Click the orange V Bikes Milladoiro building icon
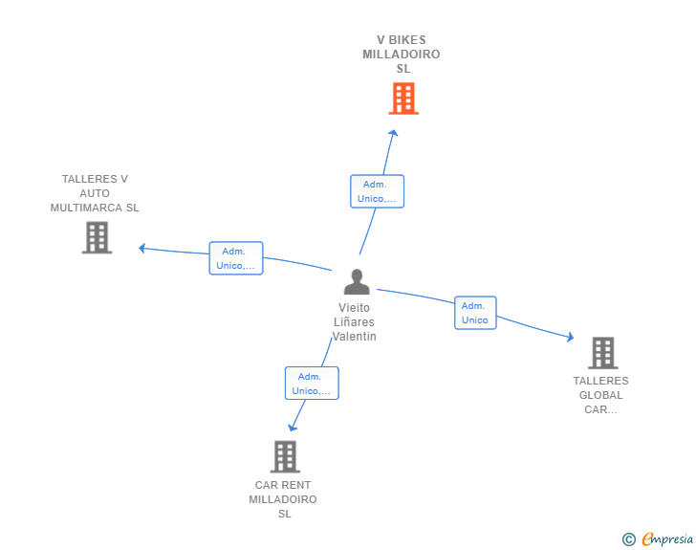tap(403, 98)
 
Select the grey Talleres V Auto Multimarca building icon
tap(97, 237)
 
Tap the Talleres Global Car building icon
tap(602, 353)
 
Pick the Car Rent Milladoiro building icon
tap(285, 456)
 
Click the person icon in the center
tap(357, 282)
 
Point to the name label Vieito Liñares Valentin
tap(355, 322)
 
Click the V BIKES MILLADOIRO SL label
tap(402, 55)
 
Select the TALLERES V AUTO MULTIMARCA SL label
tap(95, 193)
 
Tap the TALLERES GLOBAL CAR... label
tap(601, 395)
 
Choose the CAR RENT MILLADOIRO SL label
tap(283, 499)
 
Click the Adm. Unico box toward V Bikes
tap(377, 191)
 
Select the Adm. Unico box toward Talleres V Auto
tap(236, 258)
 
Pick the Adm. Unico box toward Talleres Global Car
tap(475, 313)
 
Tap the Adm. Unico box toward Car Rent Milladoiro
tap(312, 383)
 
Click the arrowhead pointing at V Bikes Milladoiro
tap(393, 133)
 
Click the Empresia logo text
tap(667, 539)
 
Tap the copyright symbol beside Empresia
tap(628, 539)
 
